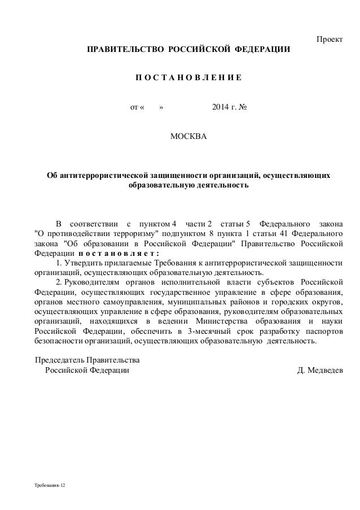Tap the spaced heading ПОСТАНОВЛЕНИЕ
(188, 77)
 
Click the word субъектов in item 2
(278, 282)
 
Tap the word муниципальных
(200, 302)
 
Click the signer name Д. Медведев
(319, 370)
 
